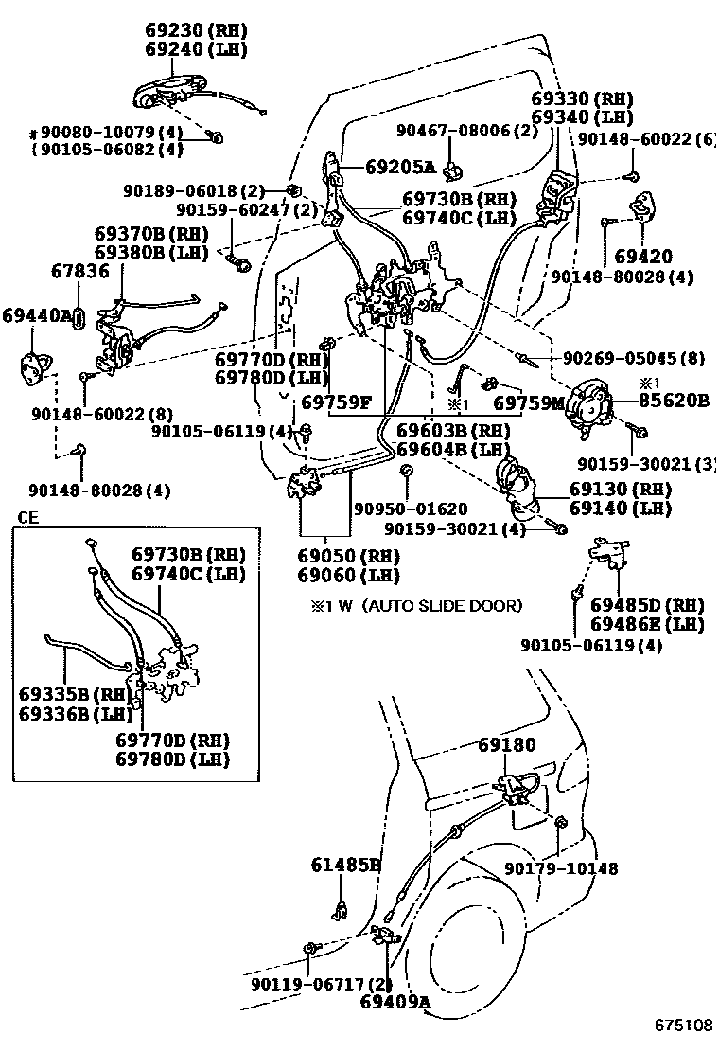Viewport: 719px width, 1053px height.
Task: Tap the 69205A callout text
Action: point(400,168)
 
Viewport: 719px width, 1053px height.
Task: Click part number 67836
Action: point(79,272)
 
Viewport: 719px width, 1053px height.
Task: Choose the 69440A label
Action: point(37,315)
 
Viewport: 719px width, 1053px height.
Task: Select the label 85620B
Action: point(673,401)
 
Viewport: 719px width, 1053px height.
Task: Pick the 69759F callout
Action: point(336,402)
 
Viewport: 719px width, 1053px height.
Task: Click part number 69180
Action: point(506,744)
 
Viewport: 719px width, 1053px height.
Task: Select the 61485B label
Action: point(345,864)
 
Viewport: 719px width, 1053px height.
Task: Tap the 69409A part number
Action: point(395,1001)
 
